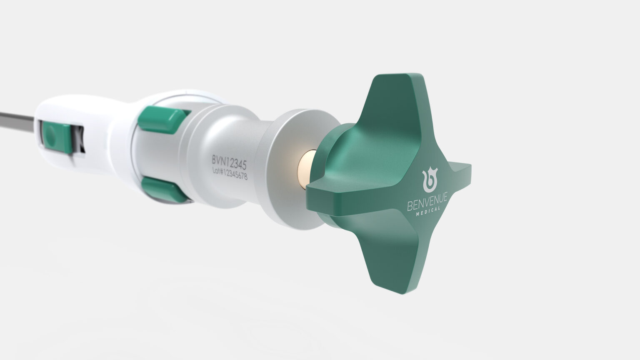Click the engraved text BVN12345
click(x=229, y=162)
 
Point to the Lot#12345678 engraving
click(x=230, y=173)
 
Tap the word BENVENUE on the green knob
click(x=427, y=202)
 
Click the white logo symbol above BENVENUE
click(x=430, y=180)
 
